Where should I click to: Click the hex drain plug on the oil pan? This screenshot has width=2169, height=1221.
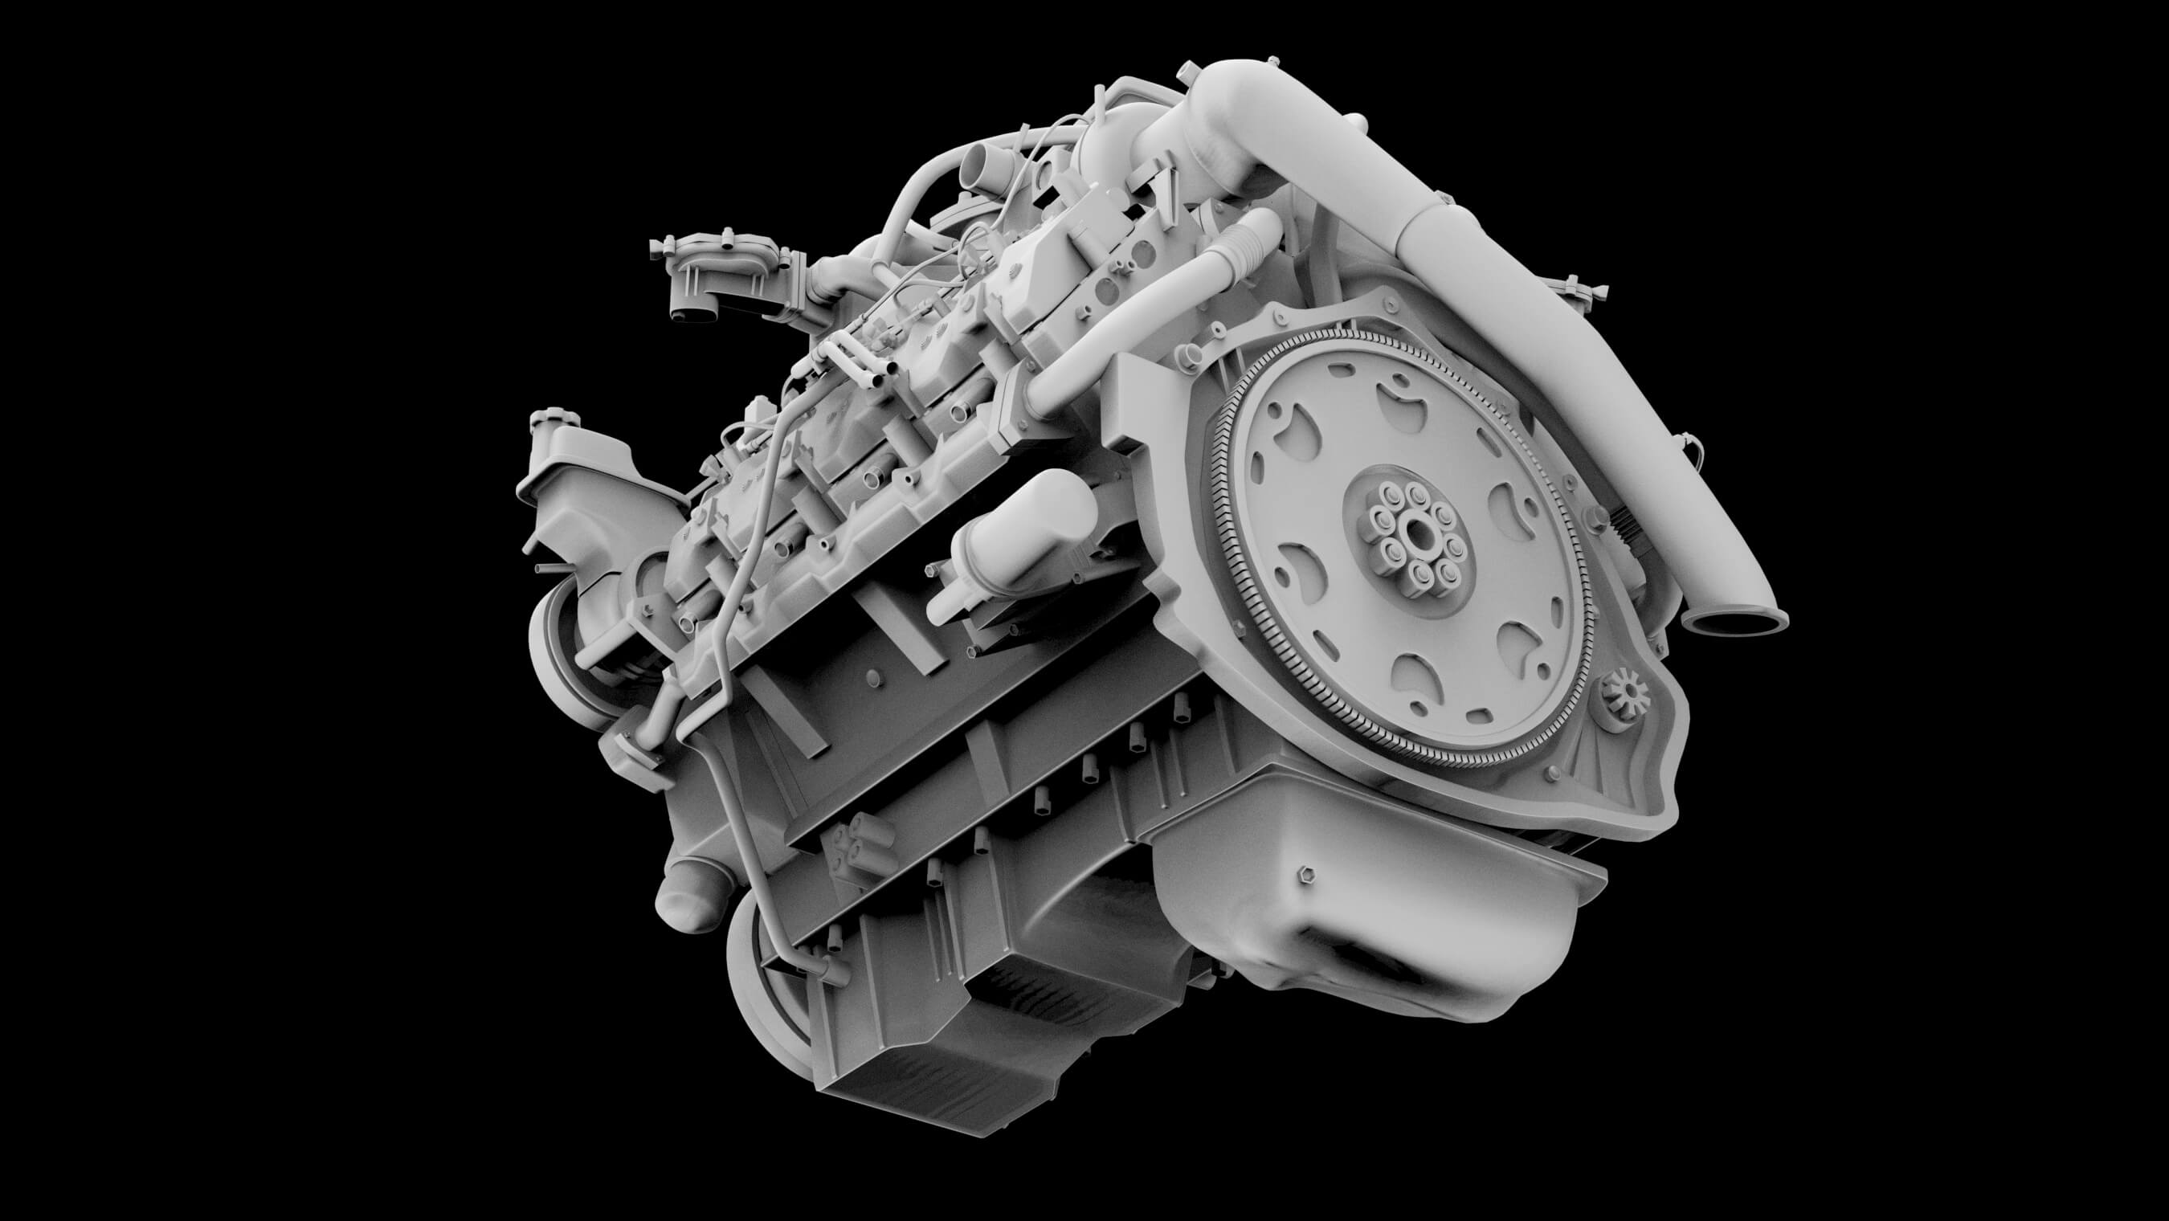point(1306,873)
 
